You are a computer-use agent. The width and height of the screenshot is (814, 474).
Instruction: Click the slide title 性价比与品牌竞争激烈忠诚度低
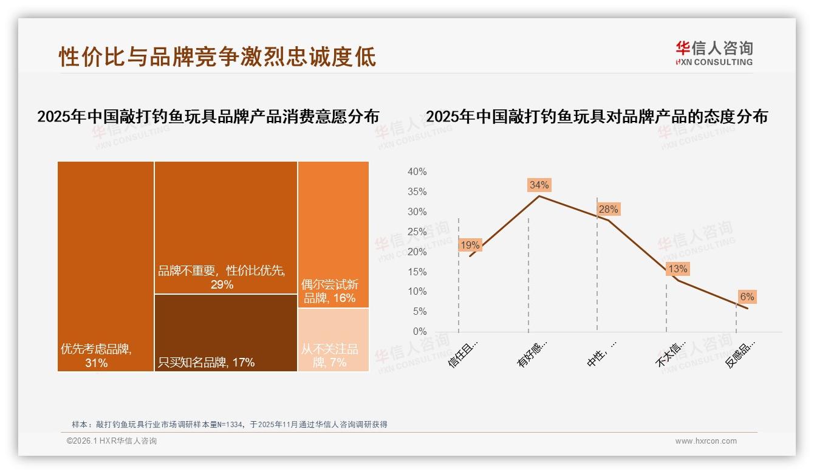coord(217,57)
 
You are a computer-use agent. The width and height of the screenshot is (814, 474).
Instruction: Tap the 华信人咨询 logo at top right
coord(714,53)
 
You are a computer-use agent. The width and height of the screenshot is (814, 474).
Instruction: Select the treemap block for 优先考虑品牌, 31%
coord(106,266)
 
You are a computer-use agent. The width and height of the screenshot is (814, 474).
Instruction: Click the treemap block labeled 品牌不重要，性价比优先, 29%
coord(225,227)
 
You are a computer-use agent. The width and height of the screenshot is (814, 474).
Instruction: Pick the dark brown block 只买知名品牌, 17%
coord(225,332)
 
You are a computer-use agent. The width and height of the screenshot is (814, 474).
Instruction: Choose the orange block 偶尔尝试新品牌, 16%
coord(333,234)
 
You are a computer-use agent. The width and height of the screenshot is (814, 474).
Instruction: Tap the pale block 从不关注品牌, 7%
coord(333,339)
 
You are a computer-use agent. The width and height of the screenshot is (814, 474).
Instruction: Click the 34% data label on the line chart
coord(539,185)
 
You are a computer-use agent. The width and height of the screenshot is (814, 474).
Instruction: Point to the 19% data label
coord(470,246)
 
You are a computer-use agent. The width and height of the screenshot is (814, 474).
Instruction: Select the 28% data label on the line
coord(608,210)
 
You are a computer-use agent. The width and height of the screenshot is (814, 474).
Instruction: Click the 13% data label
coord(677,269)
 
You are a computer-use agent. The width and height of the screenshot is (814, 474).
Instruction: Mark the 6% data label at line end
coord(747,297)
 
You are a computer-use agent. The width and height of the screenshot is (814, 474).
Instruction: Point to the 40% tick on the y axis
coord(417,172)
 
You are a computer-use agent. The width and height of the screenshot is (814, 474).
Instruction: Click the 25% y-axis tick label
coord(417,232)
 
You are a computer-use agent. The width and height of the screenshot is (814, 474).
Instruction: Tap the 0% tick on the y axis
coord(420,331)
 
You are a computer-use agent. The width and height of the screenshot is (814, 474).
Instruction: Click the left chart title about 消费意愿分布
coord(208,117)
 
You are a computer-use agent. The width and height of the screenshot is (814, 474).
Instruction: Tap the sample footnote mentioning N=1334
coord(230,425)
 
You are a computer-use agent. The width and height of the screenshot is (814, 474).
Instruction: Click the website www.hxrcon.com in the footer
coord(706,441)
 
